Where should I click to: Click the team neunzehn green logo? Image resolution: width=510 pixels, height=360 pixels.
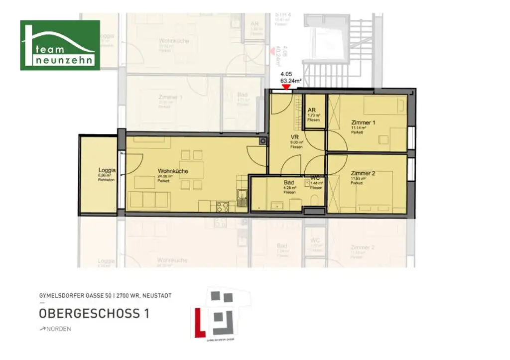(x=60, y=45)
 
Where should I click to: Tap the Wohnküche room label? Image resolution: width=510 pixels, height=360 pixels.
(x=173, y=171)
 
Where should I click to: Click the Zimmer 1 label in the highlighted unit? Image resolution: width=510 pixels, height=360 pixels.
(x=363, y=122)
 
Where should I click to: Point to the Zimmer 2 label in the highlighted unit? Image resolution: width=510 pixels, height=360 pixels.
(x=363, y=173)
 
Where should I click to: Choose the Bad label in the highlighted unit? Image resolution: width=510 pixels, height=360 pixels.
(x=289, y=183)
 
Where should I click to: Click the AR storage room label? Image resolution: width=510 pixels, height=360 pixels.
(x=312, y=110)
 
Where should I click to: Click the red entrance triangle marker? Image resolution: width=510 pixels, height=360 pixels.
(x=286, y=87)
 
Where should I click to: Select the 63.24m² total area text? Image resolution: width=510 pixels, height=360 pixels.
(x=291, y=80)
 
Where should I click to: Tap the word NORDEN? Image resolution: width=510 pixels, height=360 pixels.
(x=58, y=329)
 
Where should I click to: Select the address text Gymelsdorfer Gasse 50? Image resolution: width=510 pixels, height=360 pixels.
(x=75, y=296)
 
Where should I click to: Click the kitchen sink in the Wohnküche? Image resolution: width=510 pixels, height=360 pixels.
(x=242, y=198)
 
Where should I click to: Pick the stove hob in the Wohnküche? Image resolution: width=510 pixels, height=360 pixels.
(x=223, y=206)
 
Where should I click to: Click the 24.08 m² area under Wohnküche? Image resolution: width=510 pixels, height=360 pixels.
(x=165, y=176)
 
